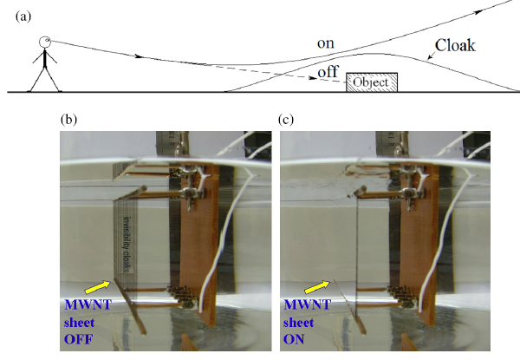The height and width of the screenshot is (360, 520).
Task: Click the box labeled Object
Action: pos(373,82)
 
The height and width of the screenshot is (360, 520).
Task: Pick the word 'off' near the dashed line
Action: pos(328,73)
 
